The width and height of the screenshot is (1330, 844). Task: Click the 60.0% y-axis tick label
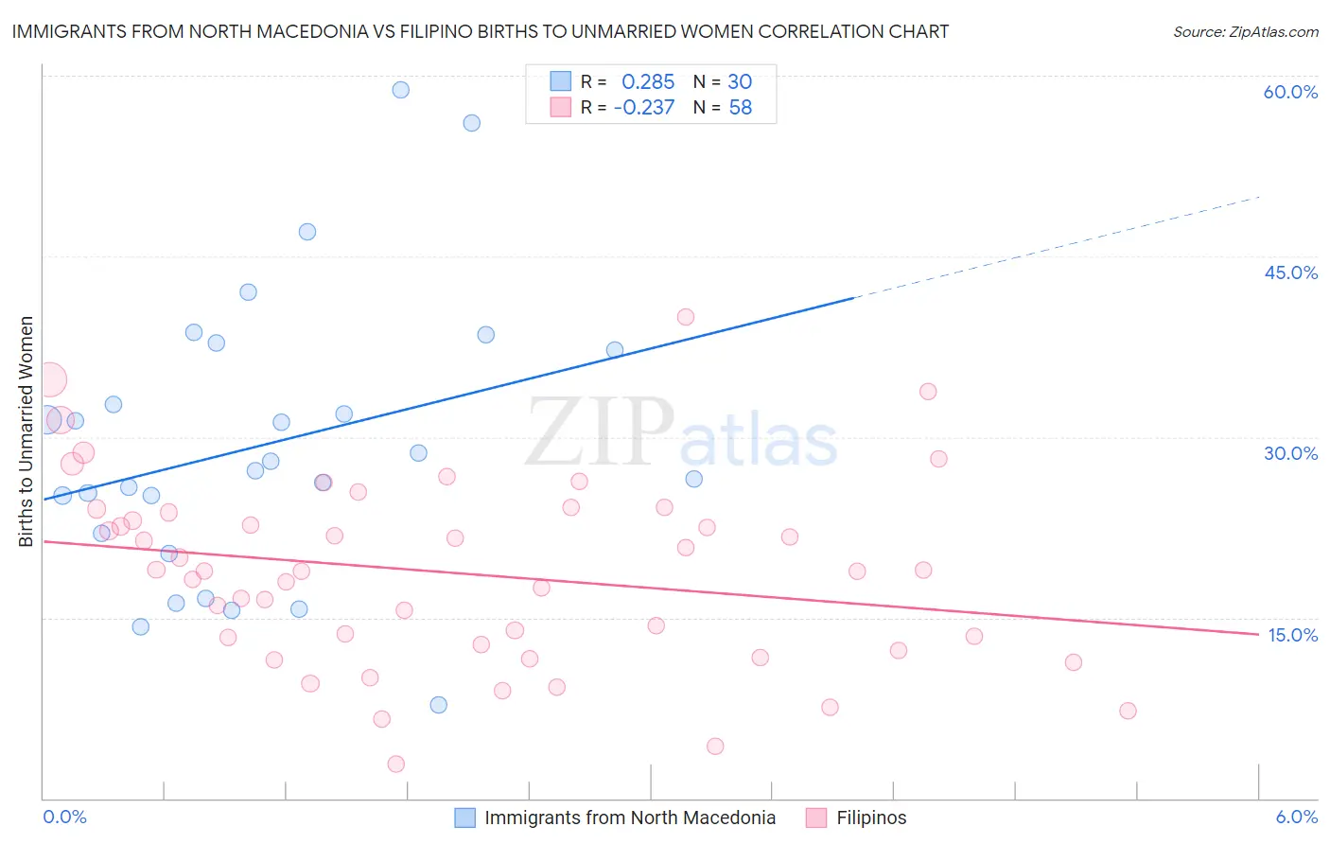tap(1290, 92)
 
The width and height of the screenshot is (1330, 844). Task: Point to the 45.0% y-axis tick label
tap(1290, 273)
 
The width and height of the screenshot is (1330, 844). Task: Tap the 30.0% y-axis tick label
tap(1290, 453)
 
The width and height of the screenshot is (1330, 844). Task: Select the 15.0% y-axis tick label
tap(1292, 635)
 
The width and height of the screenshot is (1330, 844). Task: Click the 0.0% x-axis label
tap(64, 817)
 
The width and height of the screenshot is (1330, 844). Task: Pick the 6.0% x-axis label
tap(1296, 817)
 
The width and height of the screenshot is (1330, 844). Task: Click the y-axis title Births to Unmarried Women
tap(26, 431)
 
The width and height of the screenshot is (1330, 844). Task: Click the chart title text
tap(480, 31)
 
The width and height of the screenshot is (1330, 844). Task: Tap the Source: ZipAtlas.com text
tap(1245, 32)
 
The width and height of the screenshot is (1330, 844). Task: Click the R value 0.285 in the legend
tap(648, 82)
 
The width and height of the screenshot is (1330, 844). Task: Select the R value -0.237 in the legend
tap(644, 108)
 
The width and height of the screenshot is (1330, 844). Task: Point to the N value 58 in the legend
tap(740, 108)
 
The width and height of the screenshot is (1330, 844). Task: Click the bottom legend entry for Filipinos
tap(870, 818)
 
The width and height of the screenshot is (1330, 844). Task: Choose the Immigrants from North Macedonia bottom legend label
tap(629, 818)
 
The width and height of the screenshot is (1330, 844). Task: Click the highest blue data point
tap(401, 90)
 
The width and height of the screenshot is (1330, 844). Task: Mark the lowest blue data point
tap(438, 705)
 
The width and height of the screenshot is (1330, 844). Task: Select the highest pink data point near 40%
tap(686, 317)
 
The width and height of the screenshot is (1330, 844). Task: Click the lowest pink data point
tap(396, 764)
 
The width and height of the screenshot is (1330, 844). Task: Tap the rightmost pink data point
tap(1128, 711)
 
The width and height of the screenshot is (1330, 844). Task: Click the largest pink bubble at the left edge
tap(50, 380)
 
